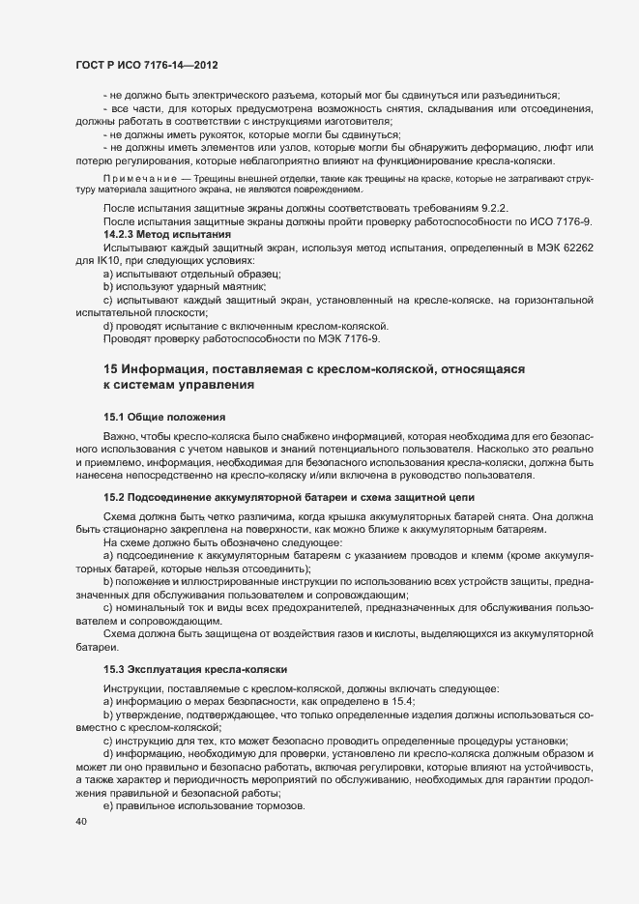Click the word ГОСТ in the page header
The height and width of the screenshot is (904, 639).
pyautogui.click(x=93, y=65)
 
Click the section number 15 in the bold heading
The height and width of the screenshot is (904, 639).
pyautogui.click(x=110, y=370)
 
